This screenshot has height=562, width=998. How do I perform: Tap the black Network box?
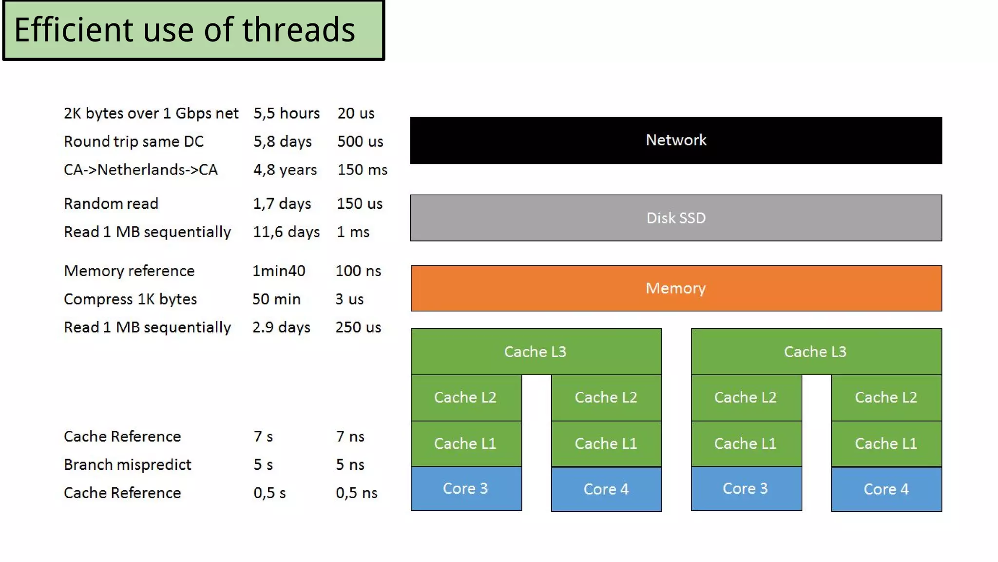coord(675,140)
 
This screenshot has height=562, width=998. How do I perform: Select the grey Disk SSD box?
coord(675,218)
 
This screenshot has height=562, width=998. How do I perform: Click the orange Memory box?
coord(675,288)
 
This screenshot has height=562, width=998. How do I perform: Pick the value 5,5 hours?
coord(286,114)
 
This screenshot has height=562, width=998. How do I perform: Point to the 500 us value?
coord(360,142)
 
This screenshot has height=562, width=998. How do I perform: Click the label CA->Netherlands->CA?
coord(140,170)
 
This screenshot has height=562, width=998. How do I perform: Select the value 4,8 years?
coord(285,170)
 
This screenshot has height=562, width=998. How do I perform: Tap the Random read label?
coord(111,203)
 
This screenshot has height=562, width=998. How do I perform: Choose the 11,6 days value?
coord(286,232)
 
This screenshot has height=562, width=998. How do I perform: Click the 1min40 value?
coord(279,271)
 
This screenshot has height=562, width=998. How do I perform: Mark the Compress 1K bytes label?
coord(130,299)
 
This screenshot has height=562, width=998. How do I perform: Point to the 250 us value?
coord(358,327)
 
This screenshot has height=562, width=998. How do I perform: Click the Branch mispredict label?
coord(127,464)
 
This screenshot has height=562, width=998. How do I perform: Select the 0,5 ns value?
coord(356,493)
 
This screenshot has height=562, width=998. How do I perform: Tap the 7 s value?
coord(263,437)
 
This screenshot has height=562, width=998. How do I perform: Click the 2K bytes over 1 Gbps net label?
coord(151,114)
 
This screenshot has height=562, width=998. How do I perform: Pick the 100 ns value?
coord(358,271)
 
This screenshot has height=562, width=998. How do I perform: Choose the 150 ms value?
coord(362,170)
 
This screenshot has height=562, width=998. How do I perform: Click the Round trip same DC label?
coord(134,142)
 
